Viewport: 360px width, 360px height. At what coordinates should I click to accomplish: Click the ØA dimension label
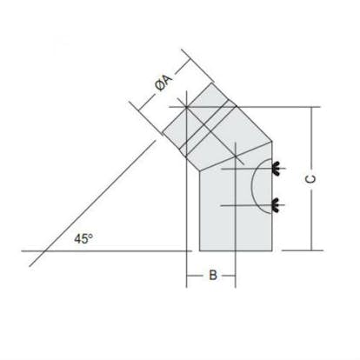[x=164, y=83]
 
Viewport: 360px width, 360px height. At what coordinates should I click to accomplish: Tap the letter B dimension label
[x=213, y=275]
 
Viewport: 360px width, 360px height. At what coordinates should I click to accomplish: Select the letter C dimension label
[x=310, y=179]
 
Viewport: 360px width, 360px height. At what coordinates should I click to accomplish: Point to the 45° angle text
[x=83, y=239]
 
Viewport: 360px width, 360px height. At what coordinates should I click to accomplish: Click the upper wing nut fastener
[x=276, y=169]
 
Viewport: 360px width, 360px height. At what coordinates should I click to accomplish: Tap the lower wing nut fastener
[x=276, y=205]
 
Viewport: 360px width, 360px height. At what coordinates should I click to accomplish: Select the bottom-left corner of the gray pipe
[x=200, y=250]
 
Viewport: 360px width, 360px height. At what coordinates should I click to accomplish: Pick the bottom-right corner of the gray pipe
[x=272, y=250]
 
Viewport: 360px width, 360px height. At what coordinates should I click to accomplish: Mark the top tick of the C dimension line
[x=312, y=107]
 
